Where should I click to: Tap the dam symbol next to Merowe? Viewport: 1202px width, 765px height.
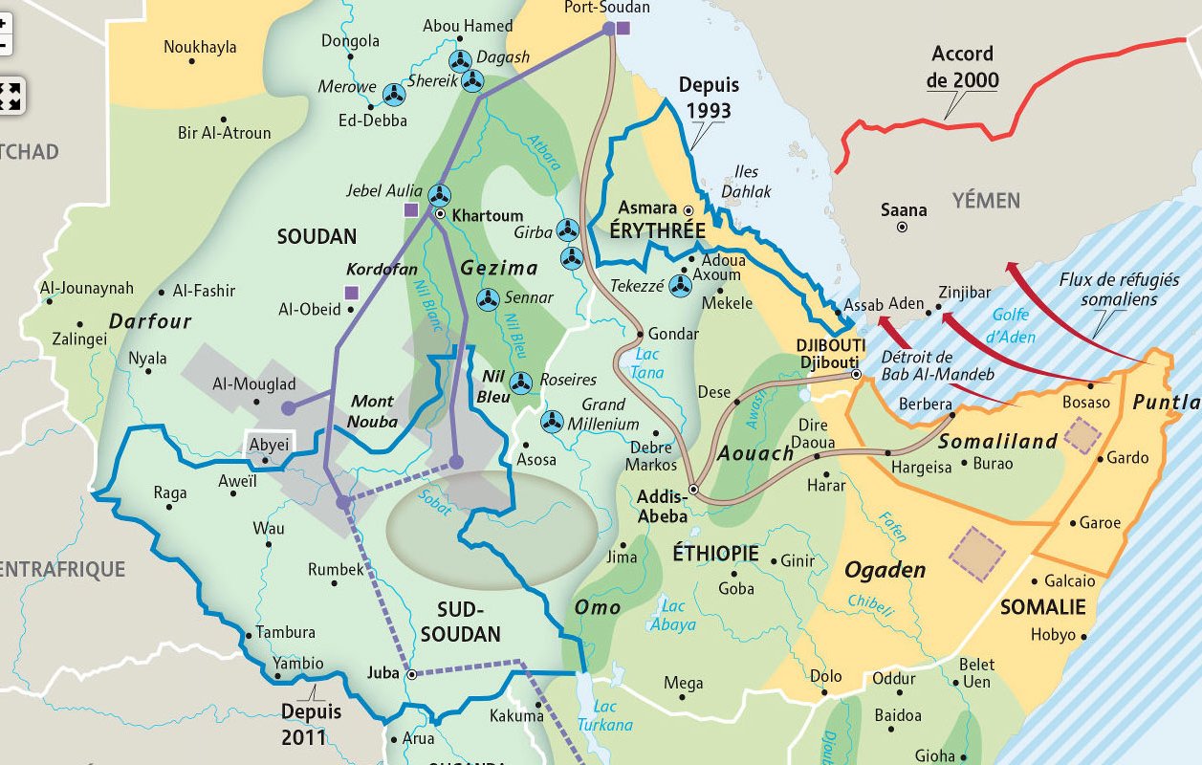click(394, 93)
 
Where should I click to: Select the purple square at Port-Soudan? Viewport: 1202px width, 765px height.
click(623, 28)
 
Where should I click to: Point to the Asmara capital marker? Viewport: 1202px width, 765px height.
click(688, 208)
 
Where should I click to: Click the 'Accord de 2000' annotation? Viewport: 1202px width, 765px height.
click(962, 66)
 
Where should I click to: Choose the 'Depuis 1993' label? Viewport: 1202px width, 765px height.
click(709, 98)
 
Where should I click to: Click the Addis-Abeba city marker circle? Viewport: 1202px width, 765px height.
click(694, 490)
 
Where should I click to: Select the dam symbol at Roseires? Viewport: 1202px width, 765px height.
click(521, 382)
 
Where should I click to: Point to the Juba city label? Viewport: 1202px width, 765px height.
click(382, 672)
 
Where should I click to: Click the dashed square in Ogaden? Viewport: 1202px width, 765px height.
click(976, 552)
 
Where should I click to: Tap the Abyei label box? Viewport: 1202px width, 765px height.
click(268, 445)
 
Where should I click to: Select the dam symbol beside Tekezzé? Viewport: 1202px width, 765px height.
click(681, 284)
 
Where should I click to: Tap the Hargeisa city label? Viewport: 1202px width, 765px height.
click(921, 467)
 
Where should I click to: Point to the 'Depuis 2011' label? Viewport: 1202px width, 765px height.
click(311, 724)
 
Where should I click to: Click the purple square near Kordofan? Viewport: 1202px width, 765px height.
click(351, 293)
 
